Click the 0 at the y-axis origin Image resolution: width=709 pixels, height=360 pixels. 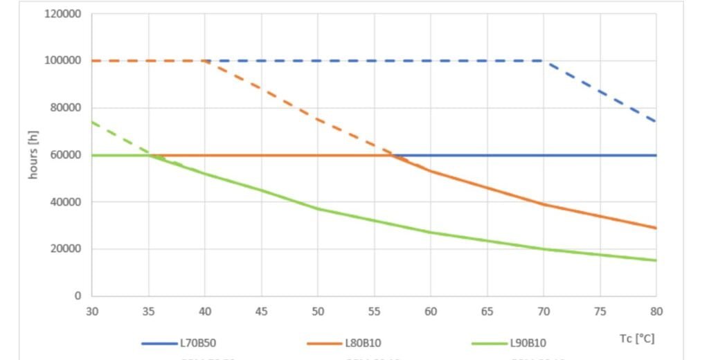click(78, 296)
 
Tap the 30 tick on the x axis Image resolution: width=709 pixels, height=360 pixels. click(92, 312)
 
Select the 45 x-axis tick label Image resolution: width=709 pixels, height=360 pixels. click(261, 312)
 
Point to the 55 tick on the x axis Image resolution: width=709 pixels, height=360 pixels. click(374, 312)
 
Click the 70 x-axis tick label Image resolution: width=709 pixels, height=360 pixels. click(544, 312)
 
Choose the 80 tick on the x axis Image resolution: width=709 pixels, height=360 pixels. click(656, 312)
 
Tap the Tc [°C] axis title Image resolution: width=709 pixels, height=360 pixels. click(637, 339)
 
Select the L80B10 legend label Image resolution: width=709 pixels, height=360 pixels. click(361, 343)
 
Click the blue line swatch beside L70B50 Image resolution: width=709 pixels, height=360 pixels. click(159, 343)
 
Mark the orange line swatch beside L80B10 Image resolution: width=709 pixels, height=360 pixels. click(324, 343)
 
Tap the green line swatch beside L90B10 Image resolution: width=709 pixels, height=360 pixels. click(489, 343)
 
